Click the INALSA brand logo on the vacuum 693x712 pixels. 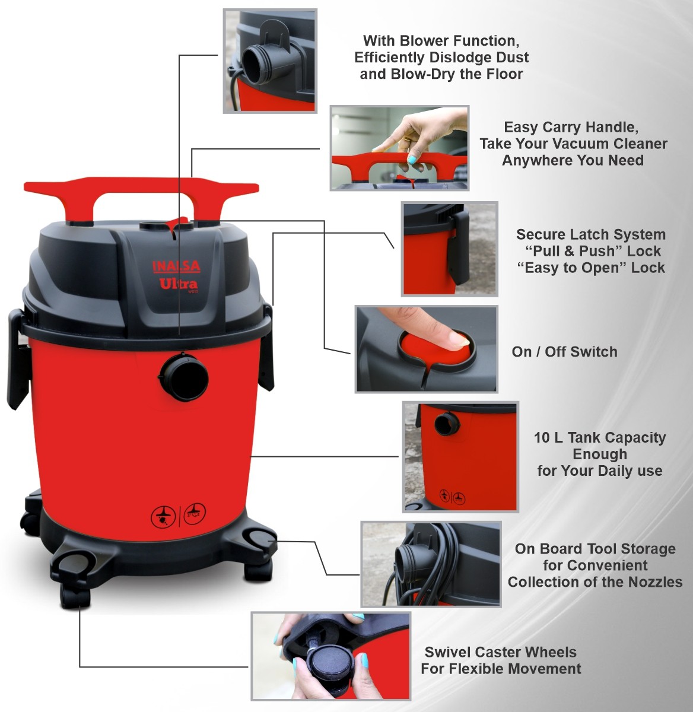pyautogui.click(x=176, y=266)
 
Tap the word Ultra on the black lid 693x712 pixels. pyautogui.click(x=179, y=284)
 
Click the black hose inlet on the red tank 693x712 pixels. pyautogui.click(x=184, y=377)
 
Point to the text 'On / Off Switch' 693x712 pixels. pyautogui.click(x=565, y=352)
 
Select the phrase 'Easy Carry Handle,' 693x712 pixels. pyautogui.click(x=571, y=127)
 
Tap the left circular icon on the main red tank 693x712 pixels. pyautogui.click(x=163, y=516)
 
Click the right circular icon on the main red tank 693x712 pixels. pyautogui.click(x=194, y=513)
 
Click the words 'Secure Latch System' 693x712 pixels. pyautogui.click(x=590, y=234)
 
